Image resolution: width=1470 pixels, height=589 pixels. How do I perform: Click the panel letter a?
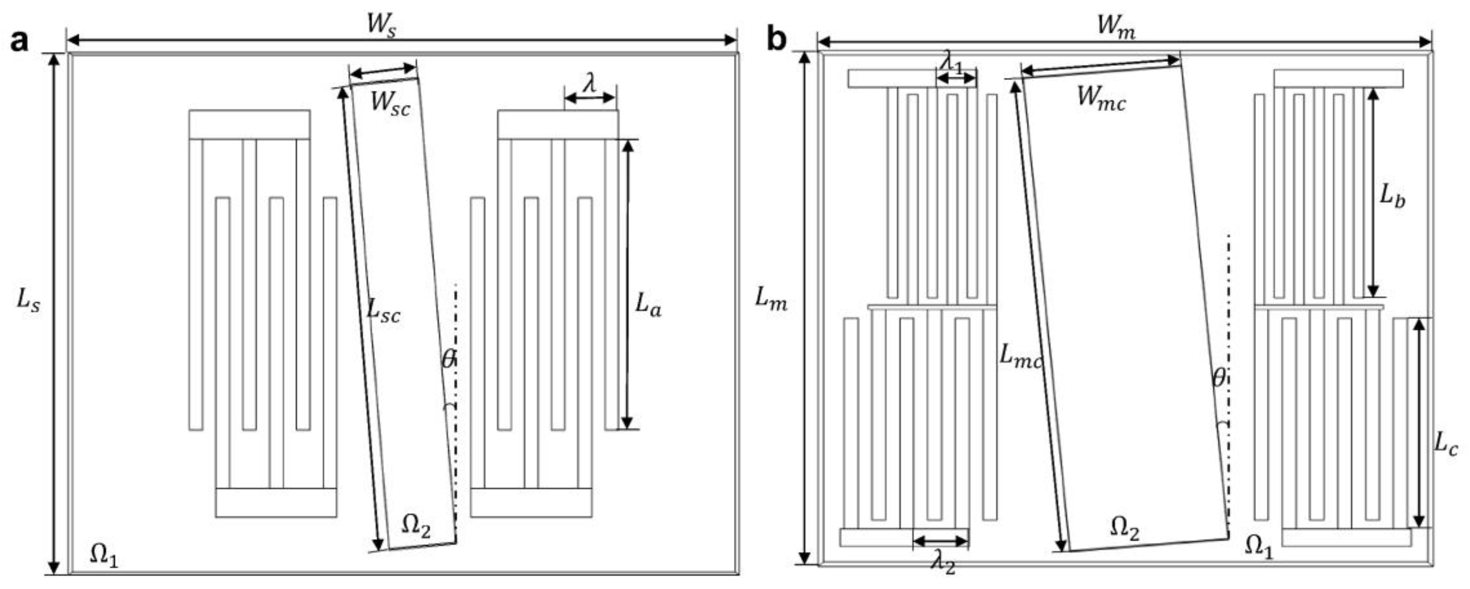[x=19, y=41]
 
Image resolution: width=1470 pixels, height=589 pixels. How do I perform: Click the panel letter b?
[x=776, y=40]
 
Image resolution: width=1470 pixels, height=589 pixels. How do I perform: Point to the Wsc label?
[x=390, y=104]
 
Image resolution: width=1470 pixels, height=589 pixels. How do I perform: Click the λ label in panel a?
[x=590, y=84]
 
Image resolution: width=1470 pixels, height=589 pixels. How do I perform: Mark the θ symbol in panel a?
[x=449, y=359]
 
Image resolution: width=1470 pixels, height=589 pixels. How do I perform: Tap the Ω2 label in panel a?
[x=416, y=526]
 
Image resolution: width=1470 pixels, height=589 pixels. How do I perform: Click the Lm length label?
[x=771, y=298]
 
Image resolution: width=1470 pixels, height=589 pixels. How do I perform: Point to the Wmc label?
[x=1101, y=98]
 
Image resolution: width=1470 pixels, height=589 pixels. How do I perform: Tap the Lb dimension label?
[x=1392, y=197]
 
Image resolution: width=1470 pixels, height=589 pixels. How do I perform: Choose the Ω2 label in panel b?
[x=1124, y=528]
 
